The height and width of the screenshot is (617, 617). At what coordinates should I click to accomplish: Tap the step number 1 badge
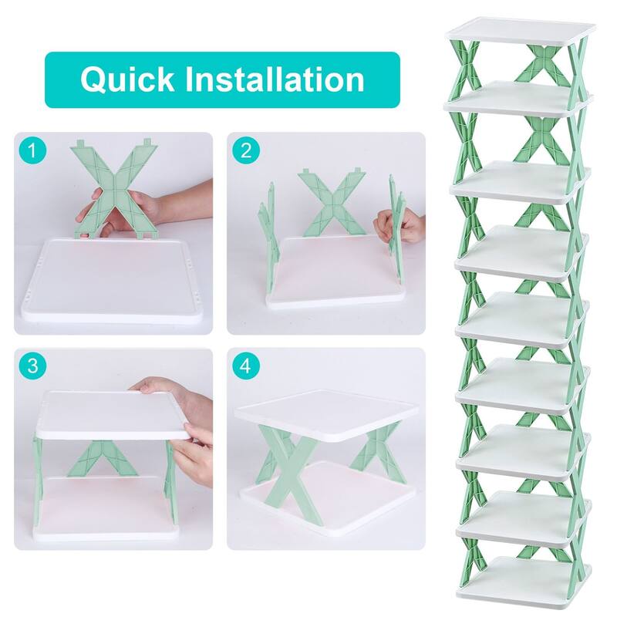click(32, 150)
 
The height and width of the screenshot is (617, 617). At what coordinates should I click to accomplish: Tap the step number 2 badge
click(244, 150)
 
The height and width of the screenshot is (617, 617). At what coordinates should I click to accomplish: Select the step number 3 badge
click(32, 366)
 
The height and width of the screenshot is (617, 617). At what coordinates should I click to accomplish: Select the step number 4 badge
click(244, 366)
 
